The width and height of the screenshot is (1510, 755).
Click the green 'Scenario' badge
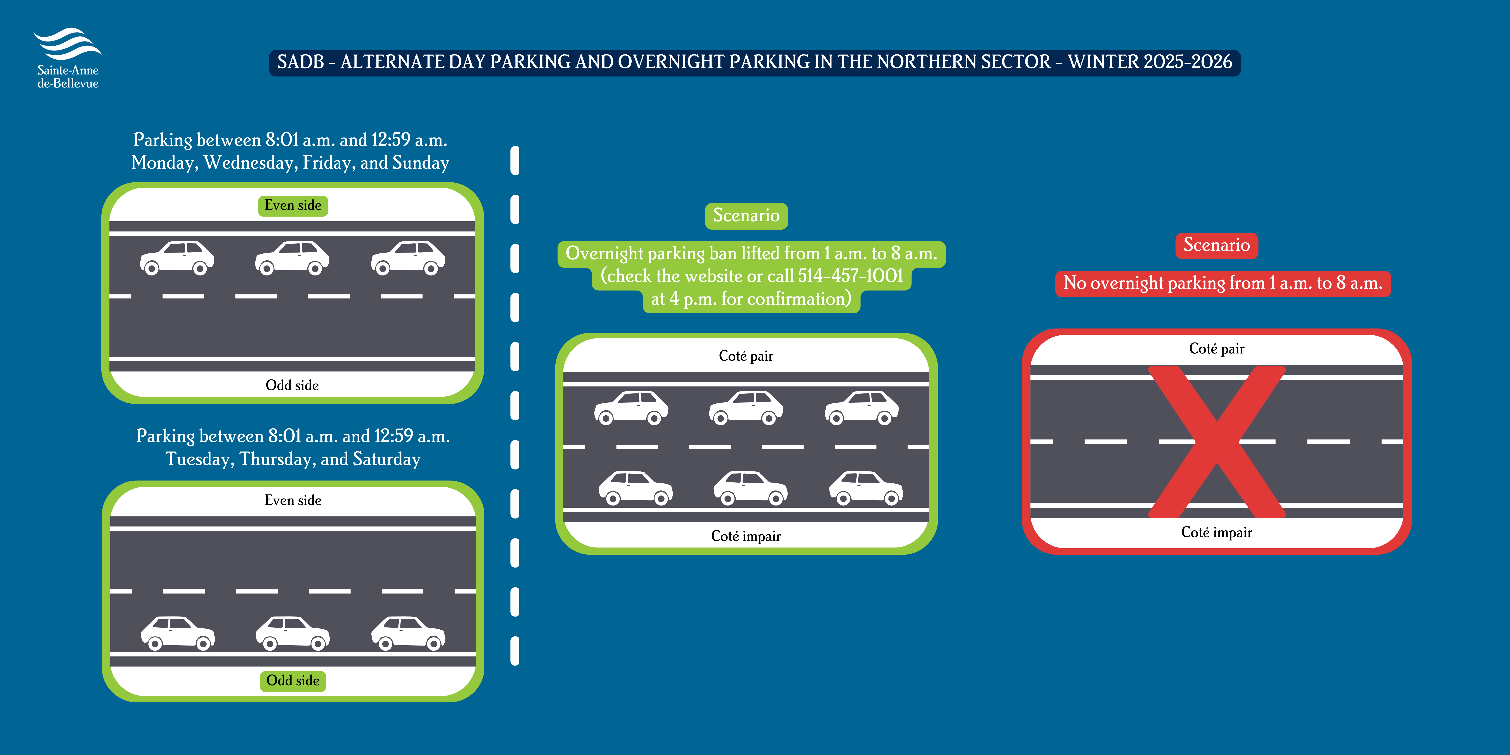point(746,216)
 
